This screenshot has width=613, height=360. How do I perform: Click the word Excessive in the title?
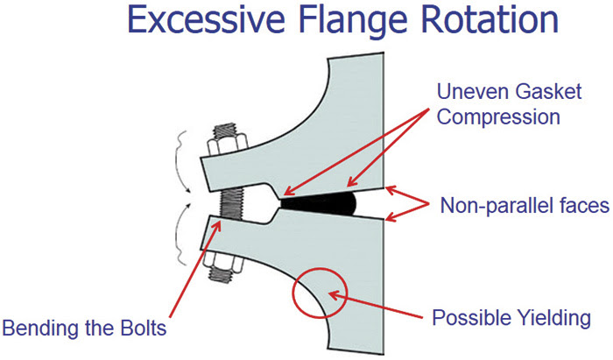click(206, 20)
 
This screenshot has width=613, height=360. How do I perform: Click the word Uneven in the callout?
click(472, 91)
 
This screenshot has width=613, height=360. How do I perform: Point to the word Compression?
click(498, 117)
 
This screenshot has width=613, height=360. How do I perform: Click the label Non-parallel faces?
click(525, 205)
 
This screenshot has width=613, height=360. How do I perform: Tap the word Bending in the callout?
click(42, 328)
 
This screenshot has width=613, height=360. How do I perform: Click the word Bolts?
click(144, 328)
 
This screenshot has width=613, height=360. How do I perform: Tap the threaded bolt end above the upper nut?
click(226, 131)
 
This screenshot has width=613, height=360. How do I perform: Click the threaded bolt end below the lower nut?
click(222, 275)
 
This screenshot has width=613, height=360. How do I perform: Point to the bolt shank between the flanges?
click(232, 205)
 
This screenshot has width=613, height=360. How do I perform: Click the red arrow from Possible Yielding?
click(376, 305)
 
